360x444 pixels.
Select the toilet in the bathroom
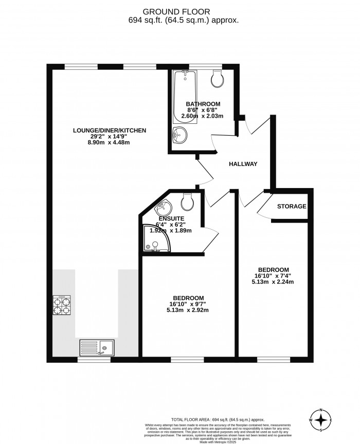point(217,78)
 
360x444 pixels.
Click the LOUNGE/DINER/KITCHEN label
point(110,131)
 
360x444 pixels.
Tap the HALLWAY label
point(243,164)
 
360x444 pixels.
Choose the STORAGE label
point(292,207)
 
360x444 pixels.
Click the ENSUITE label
point(171,217)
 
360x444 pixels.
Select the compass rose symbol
point(321,421)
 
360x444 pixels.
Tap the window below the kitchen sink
point(94,358)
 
